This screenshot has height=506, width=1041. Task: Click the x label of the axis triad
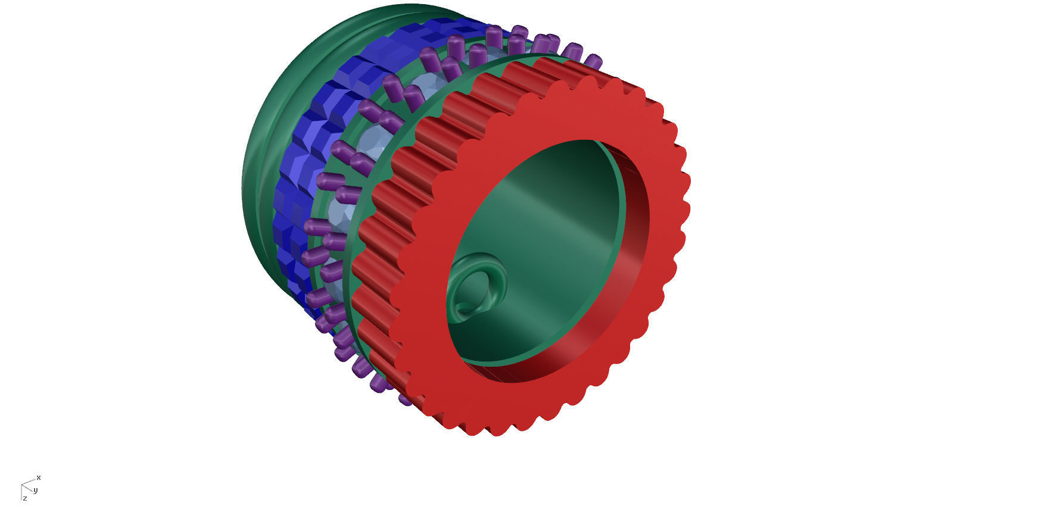(x=39, y=478)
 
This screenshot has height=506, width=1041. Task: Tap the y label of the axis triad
(x=36, y=491)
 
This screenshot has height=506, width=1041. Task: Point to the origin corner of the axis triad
(x=21, y=485)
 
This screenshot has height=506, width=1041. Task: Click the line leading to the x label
(x=29, y=481)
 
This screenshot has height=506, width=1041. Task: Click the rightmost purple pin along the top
(x=593, y=61)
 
